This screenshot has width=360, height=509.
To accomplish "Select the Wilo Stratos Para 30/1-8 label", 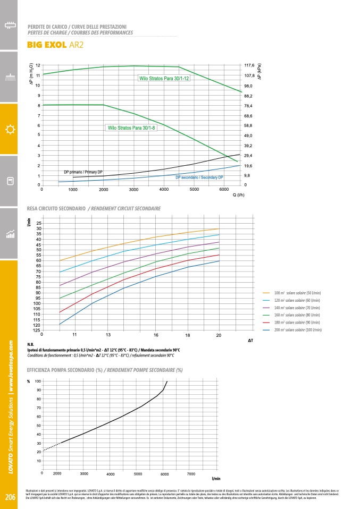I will coord(131,128).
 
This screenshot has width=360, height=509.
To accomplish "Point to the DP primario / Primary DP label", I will coord(83,173).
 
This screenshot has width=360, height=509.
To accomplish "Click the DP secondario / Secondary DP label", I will coord(199,177).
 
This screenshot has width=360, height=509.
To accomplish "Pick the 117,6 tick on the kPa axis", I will coord(249,65).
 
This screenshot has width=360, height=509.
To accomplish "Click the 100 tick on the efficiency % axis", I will coord(38,381).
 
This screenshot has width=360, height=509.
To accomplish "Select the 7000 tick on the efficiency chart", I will coord(191,473).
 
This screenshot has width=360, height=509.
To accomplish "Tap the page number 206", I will coord(10,497).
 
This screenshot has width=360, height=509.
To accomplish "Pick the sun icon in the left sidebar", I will coord(9,130).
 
